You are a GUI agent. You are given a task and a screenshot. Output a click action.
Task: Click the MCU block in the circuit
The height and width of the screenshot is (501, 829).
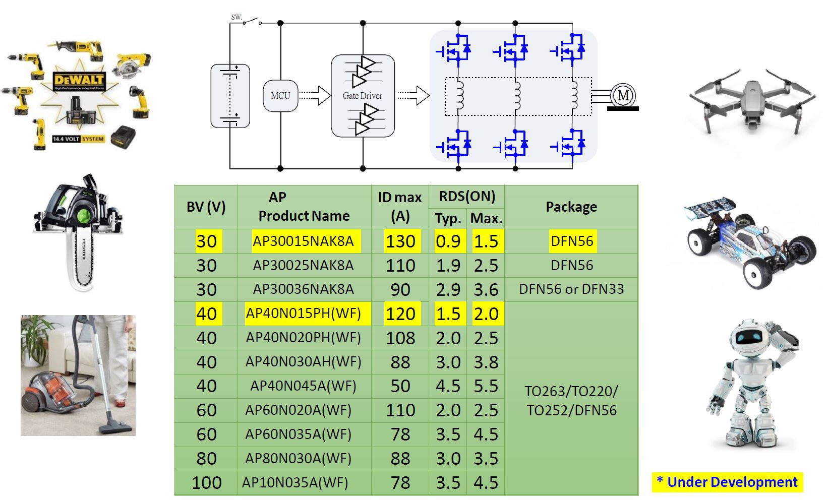280,96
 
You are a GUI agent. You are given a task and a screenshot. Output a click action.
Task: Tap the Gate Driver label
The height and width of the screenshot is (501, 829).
362,96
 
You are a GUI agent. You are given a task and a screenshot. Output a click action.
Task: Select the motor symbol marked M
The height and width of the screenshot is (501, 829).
623,95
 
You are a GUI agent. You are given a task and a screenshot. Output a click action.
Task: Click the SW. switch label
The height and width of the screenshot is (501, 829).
236,17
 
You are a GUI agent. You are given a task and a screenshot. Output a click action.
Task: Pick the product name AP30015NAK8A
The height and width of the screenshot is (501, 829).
303,241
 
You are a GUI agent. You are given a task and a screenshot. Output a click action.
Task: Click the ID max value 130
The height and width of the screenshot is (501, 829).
400,241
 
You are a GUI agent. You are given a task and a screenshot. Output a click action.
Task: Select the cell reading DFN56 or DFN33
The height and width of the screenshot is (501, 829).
571,289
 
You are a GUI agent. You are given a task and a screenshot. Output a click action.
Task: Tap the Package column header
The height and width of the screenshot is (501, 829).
571,207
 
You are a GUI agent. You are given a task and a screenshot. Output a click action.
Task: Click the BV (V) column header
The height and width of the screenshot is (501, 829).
206,207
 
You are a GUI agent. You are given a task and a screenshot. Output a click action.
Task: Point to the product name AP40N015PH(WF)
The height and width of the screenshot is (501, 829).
303,314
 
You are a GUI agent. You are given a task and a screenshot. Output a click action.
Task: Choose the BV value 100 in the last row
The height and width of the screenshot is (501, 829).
206,483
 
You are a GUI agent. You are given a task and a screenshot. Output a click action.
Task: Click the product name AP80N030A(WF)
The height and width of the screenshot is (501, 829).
298,459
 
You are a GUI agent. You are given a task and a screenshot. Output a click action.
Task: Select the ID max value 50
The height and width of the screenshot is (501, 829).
400,386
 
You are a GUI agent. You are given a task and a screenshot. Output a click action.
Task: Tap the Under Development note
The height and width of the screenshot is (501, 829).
727,482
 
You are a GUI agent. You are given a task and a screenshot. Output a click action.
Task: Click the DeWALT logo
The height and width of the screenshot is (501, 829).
79,80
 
